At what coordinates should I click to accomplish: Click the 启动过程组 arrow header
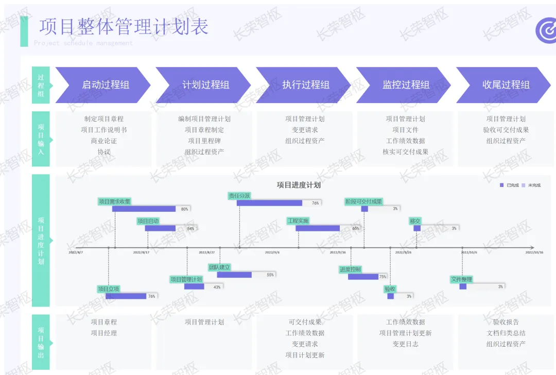pyautogui.click(x=103, y=85)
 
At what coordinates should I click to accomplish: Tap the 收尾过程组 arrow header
pyautogui.click(x=505, y=85)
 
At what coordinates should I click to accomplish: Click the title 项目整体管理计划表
pyautogui.click(x=124, y=26)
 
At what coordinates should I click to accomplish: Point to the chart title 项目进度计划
pyautogui.click(x=299, y=185)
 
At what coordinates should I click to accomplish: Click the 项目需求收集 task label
pyautogui.click(x=114, y=201)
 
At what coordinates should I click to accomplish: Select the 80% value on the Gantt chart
pyautogui.click(x=184, y=209)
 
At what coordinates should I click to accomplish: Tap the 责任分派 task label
pyautogui.click(x=239, y=196)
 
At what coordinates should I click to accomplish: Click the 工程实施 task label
pyautogui.click(x=298, y=221)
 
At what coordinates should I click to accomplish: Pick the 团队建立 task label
pyautogui.click(x=219, y=267)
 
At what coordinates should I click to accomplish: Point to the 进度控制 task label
pyautogui.click(x=350, y=269)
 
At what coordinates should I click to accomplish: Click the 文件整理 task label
pyautogui.click(x=461, y=279)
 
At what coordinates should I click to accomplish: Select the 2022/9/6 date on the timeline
pyautogui.click(x=272, y=252)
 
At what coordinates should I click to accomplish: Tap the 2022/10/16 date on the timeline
pyautogui.click(x=534, y=252)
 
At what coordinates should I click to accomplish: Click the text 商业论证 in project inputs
pyautogui.click(x=104, y=141)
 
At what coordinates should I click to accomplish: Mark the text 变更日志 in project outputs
pyautogui.click(x=406, y=344)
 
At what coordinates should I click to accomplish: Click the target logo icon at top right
pyautogui.click(x=546, y=30)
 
